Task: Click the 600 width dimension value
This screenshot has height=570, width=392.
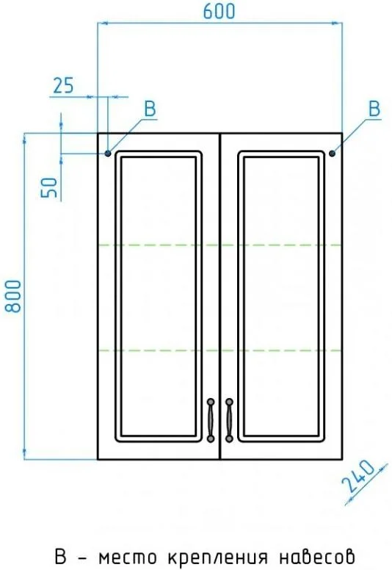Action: click(x=219, y=11)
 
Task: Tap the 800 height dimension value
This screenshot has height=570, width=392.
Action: click(x=13, y=296)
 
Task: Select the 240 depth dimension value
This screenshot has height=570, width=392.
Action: click(x=358, y=476)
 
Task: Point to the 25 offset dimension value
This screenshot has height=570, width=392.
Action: click(x=64, y=85)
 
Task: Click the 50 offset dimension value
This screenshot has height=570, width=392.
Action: click(x=50, y=187)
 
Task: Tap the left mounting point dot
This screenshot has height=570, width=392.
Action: click(x=108, y=154)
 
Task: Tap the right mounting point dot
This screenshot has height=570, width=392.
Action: click(x=332, y=154)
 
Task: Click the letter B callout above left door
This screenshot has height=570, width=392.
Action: click(x=150, y=109)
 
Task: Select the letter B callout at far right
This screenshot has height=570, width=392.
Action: click(x=374, y=109)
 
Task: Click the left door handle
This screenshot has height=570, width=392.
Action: click(x=211, y=420)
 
